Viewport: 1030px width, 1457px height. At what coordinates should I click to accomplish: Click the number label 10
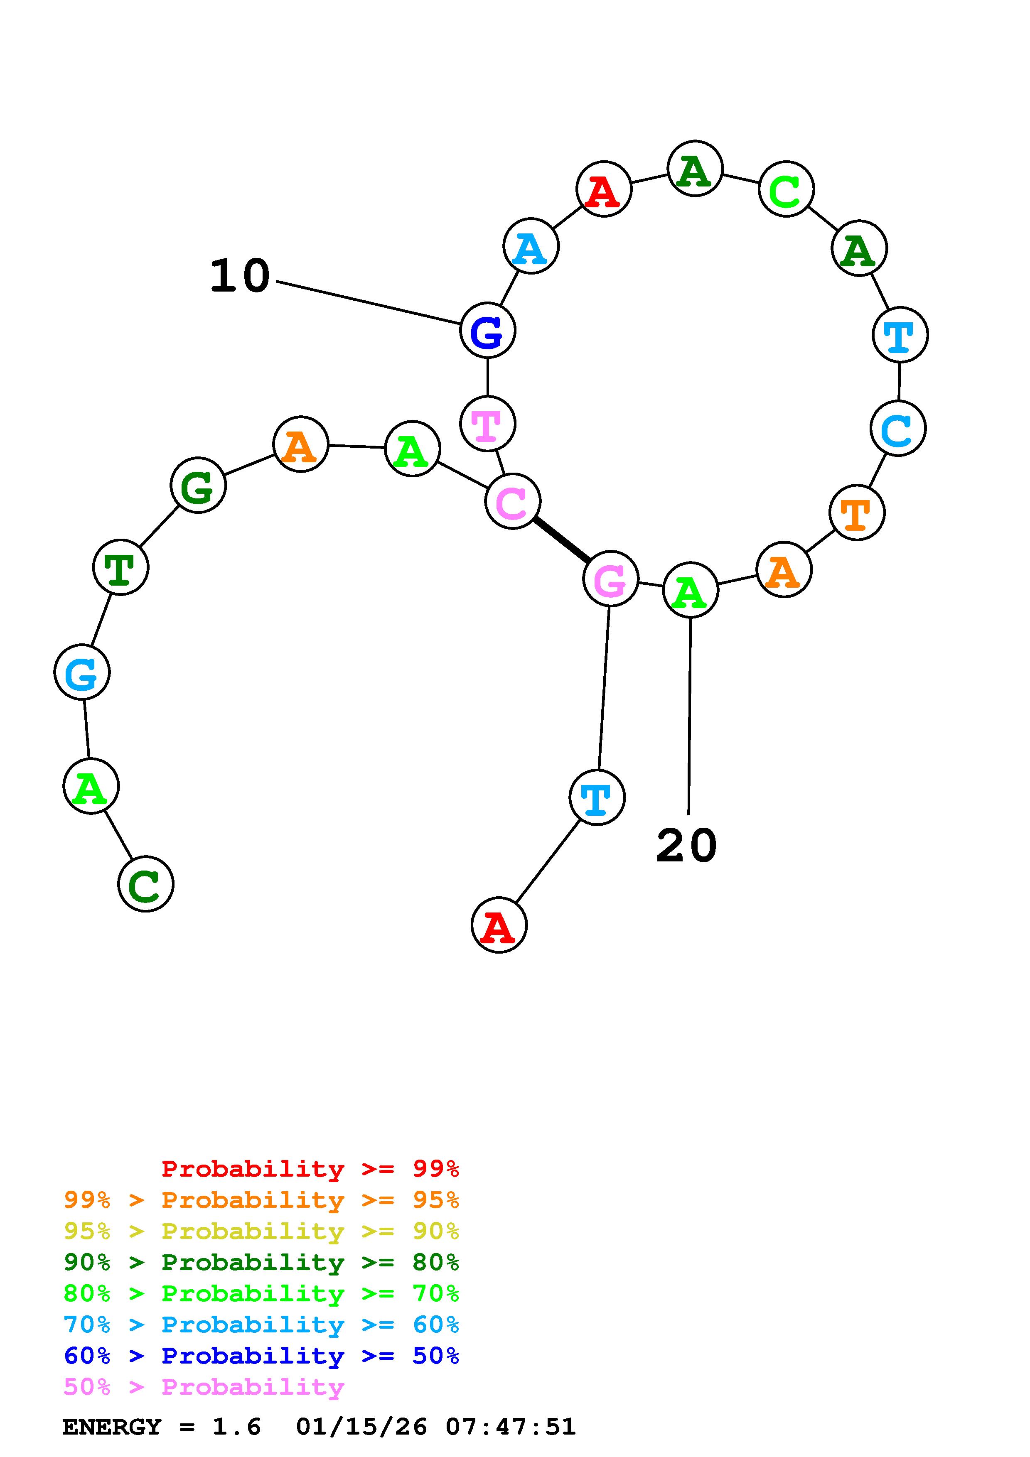240,277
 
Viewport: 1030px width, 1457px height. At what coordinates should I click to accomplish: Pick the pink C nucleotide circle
513,501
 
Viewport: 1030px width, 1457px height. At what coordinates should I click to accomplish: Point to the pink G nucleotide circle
610,579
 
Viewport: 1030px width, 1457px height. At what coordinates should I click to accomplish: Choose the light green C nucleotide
786,189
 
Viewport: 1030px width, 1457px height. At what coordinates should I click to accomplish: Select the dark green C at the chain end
146,884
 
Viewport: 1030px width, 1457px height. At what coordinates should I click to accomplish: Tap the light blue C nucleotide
898,428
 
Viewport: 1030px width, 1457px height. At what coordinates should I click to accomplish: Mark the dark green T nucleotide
120,567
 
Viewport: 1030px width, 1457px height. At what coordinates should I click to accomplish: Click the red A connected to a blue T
499,925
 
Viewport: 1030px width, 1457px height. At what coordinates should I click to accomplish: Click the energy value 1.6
236,1427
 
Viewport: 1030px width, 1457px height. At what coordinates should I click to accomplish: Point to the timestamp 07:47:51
510,1427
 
